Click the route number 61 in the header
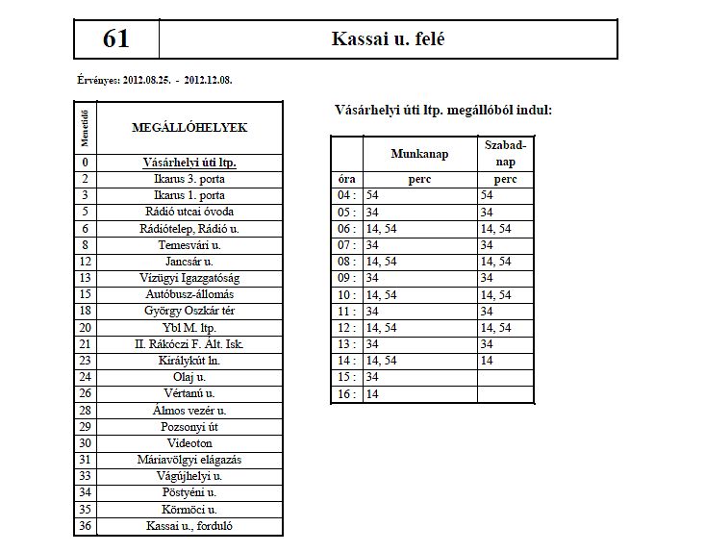click(x=115, y=39)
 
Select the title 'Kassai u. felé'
click(x=388, y=39)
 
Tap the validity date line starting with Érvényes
click(x=153, y=80)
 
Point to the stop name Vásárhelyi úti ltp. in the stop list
click(x=189, y=163)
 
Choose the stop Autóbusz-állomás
click(x=189, y=294)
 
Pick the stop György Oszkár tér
click(x=189, y=311)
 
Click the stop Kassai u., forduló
click(x=189, y=526)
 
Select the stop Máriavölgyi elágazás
click(x=189, y=460)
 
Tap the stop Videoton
click(x=189, y=443)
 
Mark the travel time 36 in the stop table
click(x=86, y=526)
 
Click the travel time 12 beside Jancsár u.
click(x=86, y=261)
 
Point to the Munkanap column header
click(x=419, y=154)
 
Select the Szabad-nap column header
click(x=506, y=154)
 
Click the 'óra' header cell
click(x=345, y=179)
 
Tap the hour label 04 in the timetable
click(x=345, y=195)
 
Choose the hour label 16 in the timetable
click(x=345, y=393)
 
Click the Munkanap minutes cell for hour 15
click(x=419, y=377)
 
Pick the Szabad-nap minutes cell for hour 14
click(x=506, y=361)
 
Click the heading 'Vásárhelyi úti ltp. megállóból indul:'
click(x=442, y=111)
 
